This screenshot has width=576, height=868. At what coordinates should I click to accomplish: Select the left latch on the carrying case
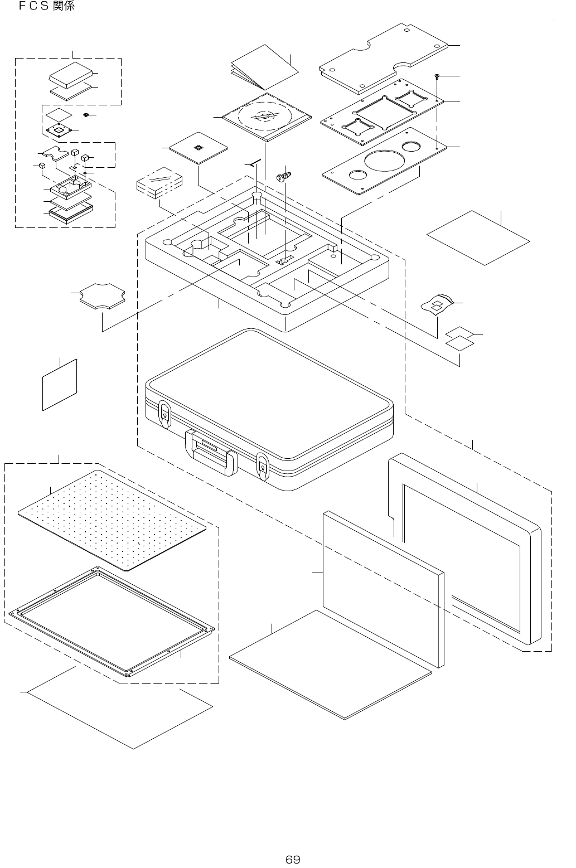tap(165, 413)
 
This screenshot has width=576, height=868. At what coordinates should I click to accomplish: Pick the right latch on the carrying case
tap(262, 464)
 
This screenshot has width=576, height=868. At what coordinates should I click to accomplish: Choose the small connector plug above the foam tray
tap(283, 178)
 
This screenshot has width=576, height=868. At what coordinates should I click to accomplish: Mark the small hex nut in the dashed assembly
tap(86, 115)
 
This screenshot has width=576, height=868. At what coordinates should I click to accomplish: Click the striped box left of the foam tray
tap(159, 182)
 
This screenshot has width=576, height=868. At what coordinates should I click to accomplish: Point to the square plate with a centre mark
tap(199, 148)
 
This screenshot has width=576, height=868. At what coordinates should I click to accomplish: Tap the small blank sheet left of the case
tap(59, 384)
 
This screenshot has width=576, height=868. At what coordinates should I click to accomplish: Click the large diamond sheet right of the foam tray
tap(478, 237)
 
